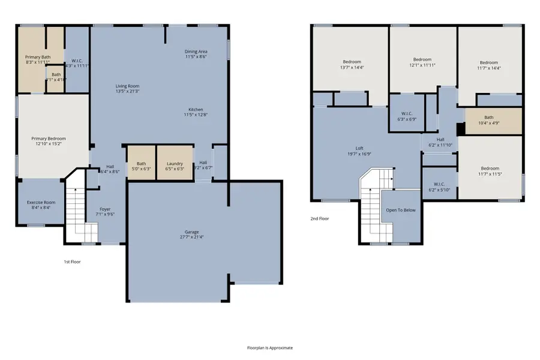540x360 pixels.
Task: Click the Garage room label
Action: [191, 234]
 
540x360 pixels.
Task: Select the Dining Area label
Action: [196, 54]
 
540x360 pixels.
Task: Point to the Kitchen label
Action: [196, 112]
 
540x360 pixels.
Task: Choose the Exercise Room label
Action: [41, 205]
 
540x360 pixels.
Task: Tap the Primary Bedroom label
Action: [49, 141]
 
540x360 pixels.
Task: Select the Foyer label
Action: [105, 212]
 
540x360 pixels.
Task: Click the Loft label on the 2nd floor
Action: [359, 151]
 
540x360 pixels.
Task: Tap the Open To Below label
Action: [400, 210]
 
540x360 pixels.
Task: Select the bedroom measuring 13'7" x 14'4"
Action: [352, 65]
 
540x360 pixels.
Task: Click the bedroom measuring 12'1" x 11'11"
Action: [422, 62]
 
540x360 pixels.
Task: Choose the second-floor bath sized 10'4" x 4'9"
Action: [488, 120]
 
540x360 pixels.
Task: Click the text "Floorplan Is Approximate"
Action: [270, 347]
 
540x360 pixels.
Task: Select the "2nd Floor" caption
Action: [319, 218]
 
